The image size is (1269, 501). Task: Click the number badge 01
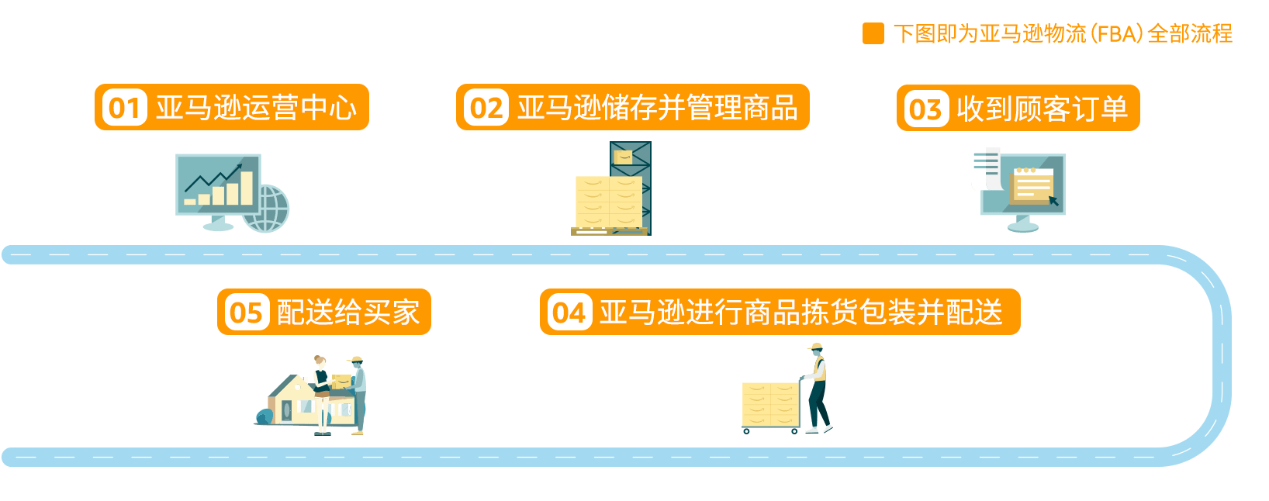point(124,108)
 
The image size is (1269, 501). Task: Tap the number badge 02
point(486,108)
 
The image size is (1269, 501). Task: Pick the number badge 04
point(569,313)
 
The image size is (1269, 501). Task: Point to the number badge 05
point(246,313)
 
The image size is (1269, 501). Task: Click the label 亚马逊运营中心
point(256,108)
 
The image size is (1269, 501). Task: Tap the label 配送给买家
point(348,313)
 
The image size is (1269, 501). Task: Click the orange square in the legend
point(873,33)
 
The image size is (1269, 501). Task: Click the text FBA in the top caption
point(1117,33)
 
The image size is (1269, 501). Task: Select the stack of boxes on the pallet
point(608,202)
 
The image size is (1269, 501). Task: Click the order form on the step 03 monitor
point(1032,185)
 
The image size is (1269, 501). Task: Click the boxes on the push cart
point(769,404)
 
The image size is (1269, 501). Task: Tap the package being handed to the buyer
point(341,381)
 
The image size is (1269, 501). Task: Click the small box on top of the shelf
point(623,157)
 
